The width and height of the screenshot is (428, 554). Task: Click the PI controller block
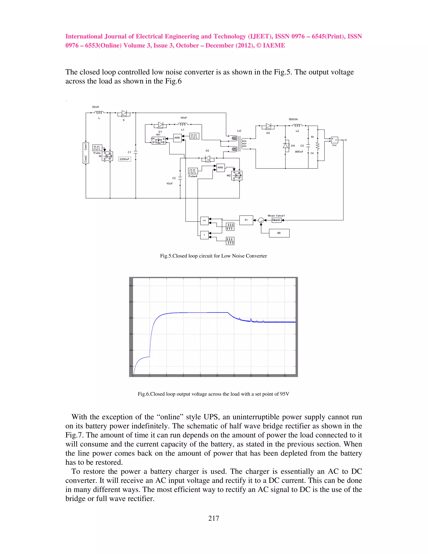click(246, 220)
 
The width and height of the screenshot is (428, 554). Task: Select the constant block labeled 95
click(279, 233)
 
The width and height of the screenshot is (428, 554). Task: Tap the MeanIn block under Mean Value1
click(276, 220)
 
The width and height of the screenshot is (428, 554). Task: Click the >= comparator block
click(204, 221)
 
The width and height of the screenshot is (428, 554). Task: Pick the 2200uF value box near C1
click(125, 159)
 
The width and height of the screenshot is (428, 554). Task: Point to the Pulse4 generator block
click(193, 171)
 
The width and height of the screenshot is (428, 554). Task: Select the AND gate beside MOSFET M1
click(177, 138)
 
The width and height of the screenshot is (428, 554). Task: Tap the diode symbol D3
click(268, 126)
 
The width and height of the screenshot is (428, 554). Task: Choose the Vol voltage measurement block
click(334, 140)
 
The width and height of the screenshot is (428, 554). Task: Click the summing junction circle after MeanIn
click(261, 220)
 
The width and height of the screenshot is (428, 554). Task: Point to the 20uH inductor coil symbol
click(99, 112)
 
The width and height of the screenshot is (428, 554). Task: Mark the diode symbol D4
click(286, 146)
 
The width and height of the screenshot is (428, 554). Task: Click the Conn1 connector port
click(86, 146)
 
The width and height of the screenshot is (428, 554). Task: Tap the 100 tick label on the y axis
click(131, 318)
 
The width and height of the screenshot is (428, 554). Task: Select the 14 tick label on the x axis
click(251, 376)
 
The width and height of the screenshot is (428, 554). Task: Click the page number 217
click(214, 518)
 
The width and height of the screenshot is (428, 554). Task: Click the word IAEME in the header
click(275, 45)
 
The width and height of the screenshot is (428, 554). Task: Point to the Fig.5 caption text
click(214, 256)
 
